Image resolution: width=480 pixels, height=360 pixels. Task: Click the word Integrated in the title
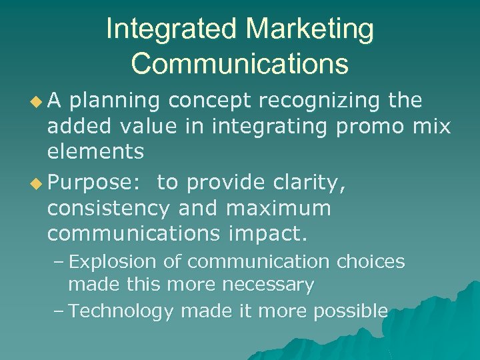pyautogui.click(x=171, y=30)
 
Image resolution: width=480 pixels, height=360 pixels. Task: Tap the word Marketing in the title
pyautogui.click(x=310, y=30)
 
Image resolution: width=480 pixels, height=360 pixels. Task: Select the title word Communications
pyautogui.click(x=240, y=63)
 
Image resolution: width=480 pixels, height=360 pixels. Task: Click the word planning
pyautogui.click(x=115, y=101)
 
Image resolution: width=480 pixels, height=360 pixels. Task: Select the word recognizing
pyautogui.click(x=311, y=101)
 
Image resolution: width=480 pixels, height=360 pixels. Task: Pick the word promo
pyautogui.click(x=365, y=126)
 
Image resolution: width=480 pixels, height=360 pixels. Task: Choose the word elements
pyautogui.click(x=95, y=151)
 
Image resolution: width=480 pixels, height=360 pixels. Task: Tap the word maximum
pyautogui.click(x=279, y=209)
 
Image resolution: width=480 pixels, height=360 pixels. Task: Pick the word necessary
pyautogui.click(x=266, y=285)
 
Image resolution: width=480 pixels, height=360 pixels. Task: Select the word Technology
pyautogui.click(x=121, y=310)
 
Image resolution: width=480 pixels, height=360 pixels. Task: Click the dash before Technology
pyautogui.click(x=59, y=310)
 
